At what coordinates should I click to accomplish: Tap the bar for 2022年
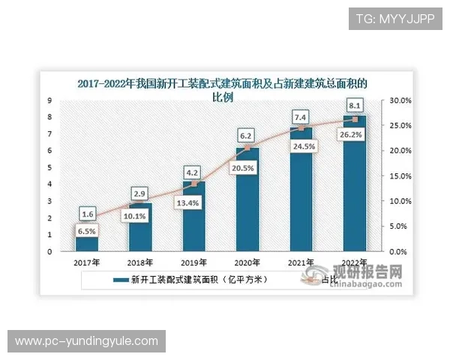355,184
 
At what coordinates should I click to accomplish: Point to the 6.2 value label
248,135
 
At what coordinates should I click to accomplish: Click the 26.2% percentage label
355,135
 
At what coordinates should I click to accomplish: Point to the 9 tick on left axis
49,100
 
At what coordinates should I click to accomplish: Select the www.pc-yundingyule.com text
87,341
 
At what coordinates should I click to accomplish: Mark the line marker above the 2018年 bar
140,202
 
